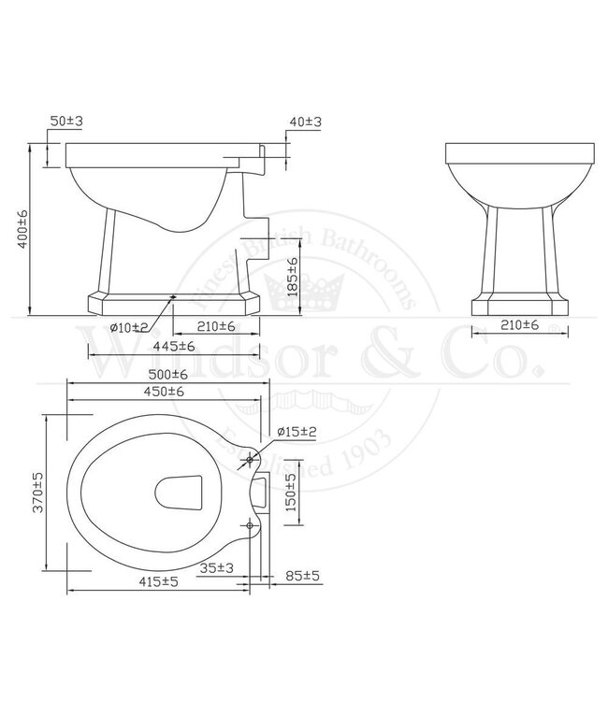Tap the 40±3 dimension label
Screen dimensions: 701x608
(306, 122)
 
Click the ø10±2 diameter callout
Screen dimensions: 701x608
(128, 326)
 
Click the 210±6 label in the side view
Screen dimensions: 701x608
(216, 326)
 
